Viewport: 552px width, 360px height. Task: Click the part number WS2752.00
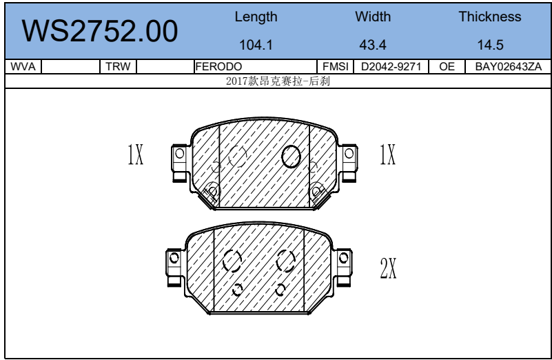100,31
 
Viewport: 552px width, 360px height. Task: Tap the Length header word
256,17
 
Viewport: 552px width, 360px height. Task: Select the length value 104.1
256,45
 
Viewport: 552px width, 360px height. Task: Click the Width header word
373,17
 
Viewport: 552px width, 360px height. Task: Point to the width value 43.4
373,45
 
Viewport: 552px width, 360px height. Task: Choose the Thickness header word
490,17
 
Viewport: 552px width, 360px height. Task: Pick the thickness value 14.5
490,45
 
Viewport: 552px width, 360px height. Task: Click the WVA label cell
23,67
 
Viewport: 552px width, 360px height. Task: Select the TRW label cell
118,67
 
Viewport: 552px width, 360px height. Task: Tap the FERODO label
218,67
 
